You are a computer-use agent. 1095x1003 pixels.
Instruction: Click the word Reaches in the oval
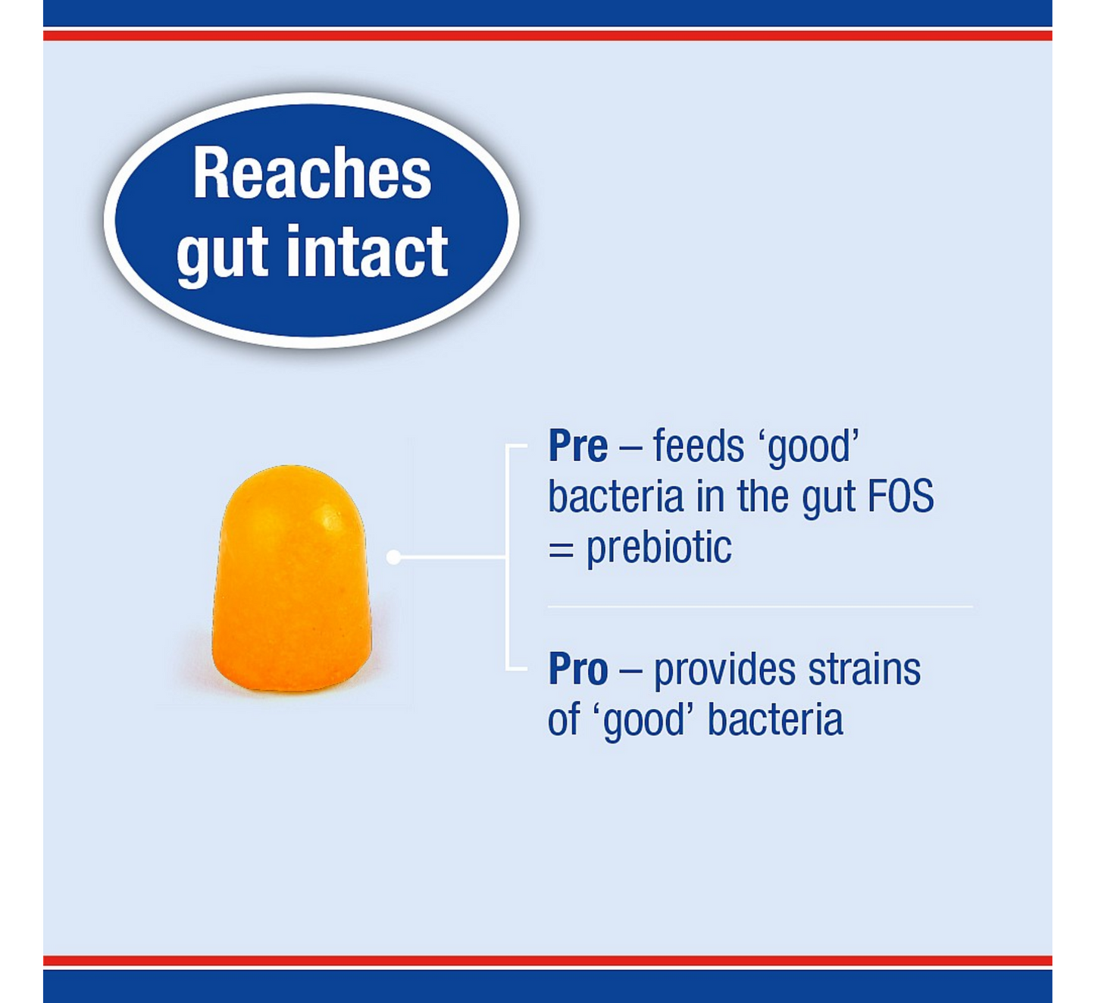[312, 173]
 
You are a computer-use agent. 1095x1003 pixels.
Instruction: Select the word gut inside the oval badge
[222, 257]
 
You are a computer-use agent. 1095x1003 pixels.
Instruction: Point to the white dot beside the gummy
[393, 557]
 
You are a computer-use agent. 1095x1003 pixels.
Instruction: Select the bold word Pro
[577, 669]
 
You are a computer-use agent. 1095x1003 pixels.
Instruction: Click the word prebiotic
[659, 547]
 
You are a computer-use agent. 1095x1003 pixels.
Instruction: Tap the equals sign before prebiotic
[562, 550]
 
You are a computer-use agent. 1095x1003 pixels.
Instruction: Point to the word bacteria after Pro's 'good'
[775, 719]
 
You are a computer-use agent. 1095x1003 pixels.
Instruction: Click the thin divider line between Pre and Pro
[760, 607]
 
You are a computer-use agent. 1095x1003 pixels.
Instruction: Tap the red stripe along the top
[547, 36]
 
